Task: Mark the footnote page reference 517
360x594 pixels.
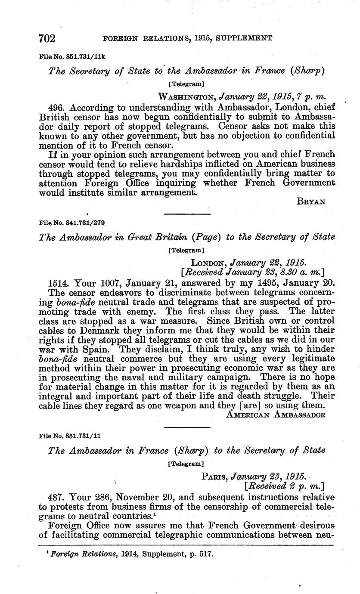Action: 206,553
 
